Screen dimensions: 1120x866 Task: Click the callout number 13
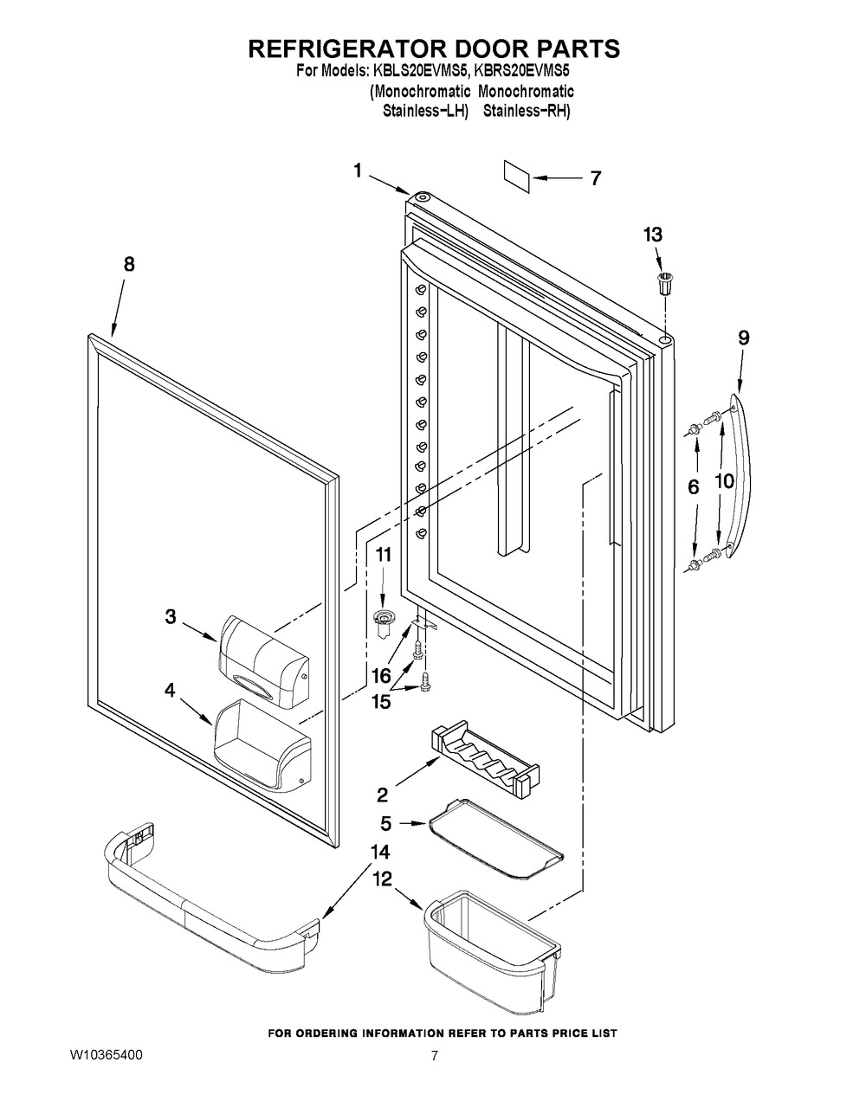[653, 234]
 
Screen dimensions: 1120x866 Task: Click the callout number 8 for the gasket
[129, 266]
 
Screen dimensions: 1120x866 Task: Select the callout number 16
[381, 675]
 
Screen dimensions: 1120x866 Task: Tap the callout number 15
[380, 702]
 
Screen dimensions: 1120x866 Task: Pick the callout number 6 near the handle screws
[693, 488]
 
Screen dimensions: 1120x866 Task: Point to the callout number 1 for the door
[358, 171]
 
